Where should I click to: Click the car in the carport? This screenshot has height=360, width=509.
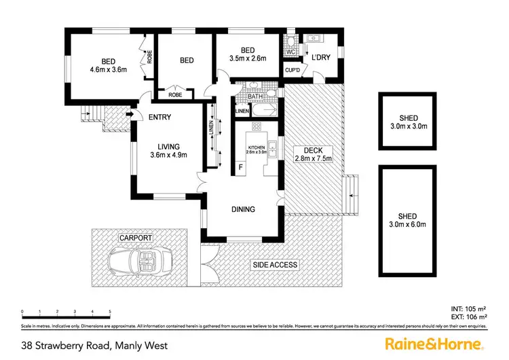(x=142, y=259)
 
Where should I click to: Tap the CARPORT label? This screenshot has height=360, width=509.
(x=135, y=238)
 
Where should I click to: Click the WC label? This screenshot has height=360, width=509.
(x=290, y=52)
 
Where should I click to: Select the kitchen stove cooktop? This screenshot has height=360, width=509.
(x=257, y=127)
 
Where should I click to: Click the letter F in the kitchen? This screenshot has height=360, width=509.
(x=240, y=167)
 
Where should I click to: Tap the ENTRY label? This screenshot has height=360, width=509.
(x=159, y=117)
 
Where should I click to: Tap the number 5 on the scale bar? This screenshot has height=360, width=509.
(x=110, y=312)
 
